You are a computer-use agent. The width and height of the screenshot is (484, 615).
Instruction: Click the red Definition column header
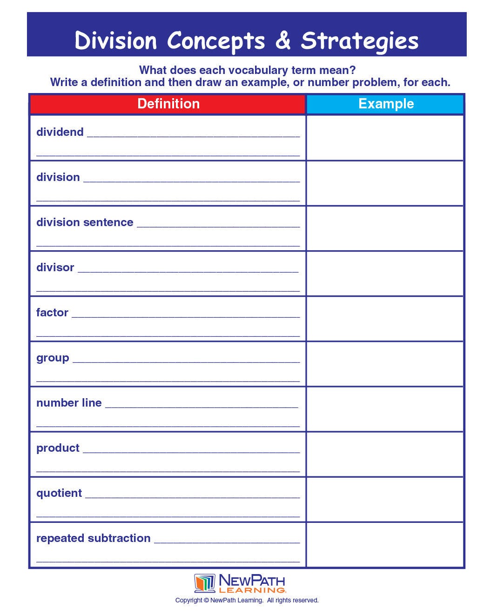(168, 104)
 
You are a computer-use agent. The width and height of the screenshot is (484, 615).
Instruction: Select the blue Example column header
(385, 104)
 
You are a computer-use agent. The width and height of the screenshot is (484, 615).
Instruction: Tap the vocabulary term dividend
(60, 132)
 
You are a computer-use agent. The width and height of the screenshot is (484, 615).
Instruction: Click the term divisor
(55, 267)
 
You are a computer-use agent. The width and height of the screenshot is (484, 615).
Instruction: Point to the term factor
(52, 313)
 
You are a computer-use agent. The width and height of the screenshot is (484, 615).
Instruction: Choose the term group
(53, 358)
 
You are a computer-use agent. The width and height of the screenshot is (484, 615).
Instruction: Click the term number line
(69, 403)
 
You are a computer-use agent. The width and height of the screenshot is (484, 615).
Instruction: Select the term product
(58, 448)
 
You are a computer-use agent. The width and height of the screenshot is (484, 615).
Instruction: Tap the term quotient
(59, 493)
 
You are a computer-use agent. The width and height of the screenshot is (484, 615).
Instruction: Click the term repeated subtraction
(93, 538)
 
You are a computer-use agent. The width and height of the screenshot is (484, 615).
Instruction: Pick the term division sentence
(85, 222)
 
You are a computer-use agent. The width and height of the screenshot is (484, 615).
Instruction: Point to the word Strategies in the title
(360, 41)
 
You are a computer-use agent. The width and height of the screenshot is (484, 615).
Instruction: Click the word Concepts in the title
(216, 41)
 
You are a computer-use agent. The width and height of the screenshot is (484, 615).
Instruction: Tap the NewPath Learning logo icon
(204, 583)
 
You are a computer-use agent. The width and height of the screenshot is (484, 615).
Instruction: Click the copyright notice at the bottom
(247, 600)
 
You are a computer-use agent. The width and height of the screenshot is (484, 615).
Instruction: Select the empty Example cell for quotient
(385, 499)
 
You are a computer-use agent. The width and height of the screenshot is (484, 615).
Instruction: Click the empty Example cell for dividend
(385, 138)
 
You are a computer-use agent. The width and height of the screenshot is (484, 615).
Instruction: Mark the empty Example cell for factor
(385, 319)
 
